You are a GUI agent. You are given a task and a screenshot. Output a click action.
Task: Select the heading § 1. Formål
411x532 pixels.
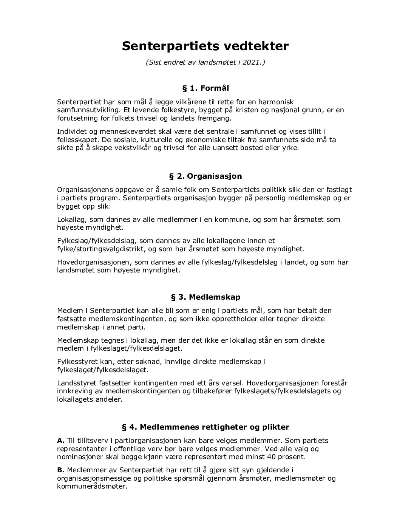click(x=205, y=88)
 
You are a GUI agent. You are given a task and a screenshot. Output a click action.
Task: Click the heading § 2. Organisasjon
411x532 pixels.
click(x=205, y=176)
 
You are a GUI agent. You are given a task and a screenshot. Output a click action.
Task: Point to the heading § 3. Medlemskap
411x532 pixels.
click(x=205, y=297)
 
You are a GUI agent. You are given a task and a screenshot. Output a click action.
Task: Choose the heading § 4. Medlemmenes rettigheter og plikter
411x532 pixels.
click(x=205, y=427)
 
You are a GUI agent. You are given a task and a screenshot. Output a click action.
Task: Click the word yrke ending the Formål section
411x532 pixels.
click(x=290, y=148)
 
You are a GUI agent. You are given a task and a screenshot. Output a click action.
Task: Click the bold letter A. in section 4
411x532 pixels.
click(x=61, y=440)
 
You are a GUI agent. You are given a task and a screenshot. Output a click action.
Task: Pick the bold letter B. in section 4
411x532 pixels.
click(x=61, y=470)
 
